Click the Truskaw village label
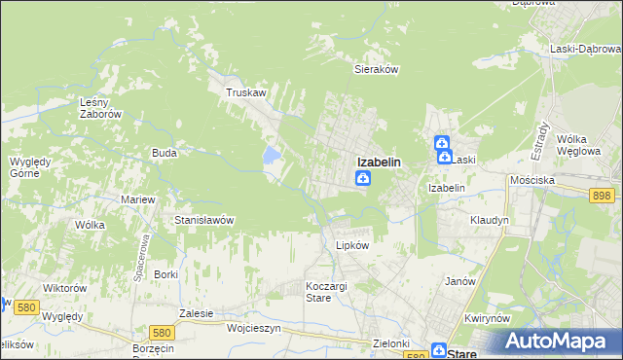pos(245,92)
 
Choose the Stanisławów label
pos(203,220)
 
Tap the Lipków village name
pos(351,245)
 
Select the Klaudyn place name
pos(490,220)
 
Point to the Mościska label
pos(532,181)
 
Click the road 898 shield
pos(601,196)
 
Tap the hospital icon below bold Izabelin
pos(362,178)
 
